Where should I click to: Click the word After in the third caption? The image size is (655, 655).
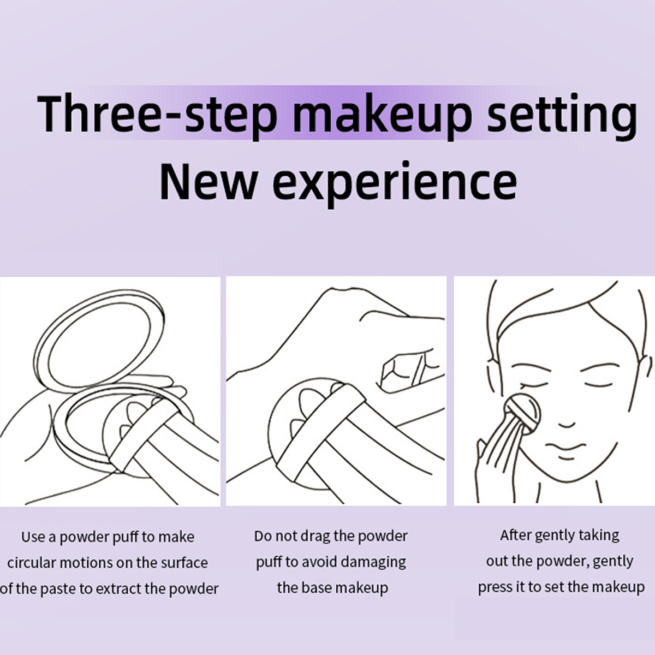tap(515, 535)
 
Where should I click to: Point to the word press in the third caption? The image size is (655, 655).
tap(495, 587)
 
